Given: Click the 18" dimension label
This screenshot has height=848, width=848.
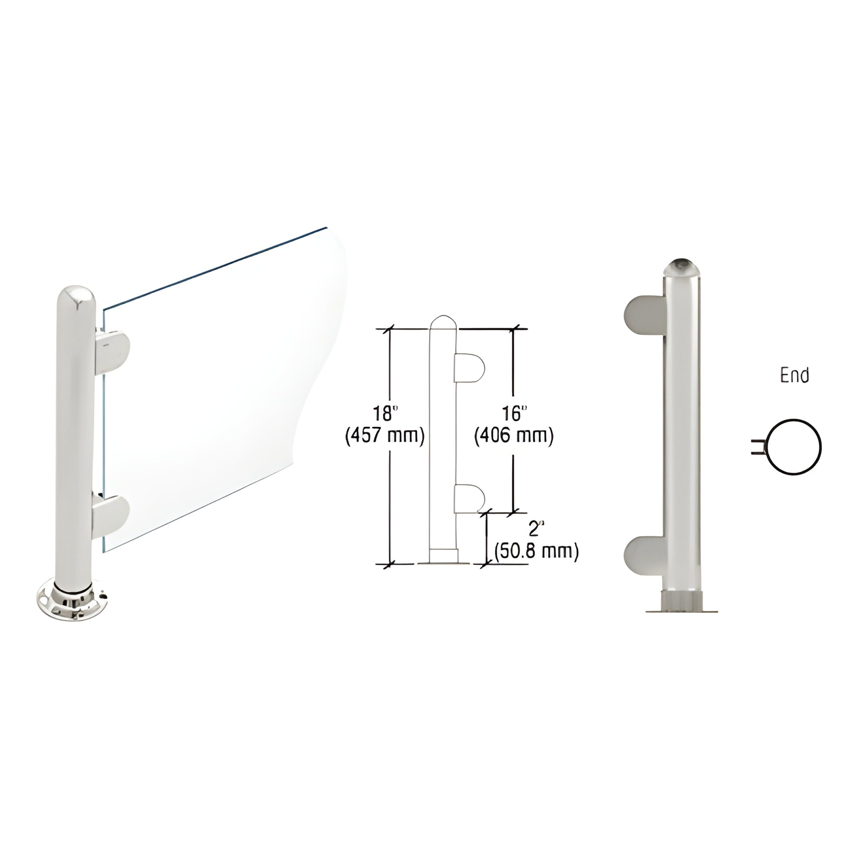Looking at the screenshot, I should click(x=385, y=414).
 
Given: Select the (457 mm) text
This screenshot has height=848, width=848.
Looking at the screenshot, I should click(x=385, y=436).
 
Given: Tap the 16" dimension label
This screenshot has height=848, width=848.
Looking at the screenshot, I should click(x=513, y=414).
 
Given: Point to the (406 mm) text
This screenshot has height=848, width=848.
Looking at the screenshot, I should click(x=513, y=436).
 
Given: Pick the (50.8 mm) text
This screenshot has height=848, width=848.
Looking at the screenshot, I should click(x=536, y=551).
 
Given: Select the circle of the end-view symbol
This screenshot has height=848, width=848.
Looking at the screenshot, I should click(x=794, y=447).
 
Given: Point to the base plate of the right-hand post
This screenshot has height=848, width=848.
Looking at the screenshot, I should click(x=682, y=610).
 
